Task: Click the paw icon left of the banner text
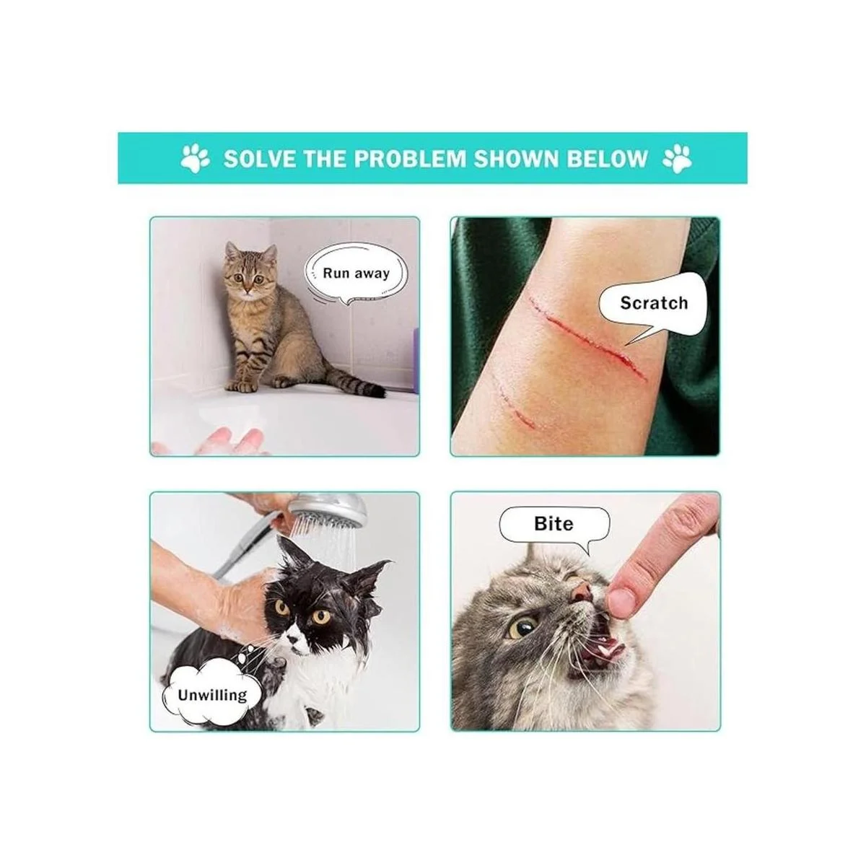point(195,158)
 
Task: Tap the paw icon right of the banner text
point(677,159)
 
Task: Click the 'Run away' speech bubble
point(357,276)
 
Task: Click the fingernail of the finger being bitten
point(621,600)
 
